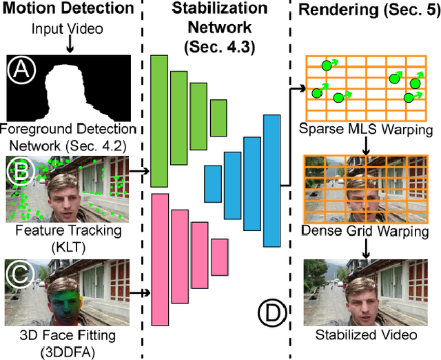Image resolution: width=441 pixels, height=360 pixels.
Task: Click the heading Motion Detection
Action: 67,10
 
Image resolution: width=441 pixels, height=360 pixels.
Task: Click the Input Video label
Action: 68,30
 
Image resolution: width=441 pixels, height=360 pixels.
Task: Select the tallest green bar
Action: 159,121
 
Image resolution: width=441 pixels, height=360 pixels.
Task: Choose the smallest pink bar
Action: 220,257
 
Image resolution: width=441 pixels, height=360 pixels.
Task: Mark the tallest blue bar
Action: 272,181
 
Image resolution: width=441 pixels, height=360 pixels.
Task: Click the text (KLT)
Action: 67,245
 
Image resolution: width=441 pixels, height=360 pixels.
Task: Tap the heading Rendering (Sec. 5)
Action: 367,10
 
